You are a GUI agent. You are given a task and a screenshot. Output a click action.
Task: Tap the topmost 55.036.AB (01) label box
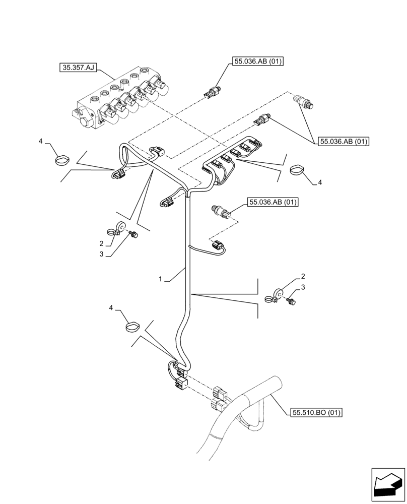pos(258,62)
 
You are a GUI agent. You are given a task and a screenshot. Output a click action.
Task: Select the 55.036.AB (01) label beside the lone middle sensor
pos(273,203)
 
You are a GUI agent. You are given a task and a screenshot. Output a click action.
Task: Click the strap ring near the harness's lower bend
pos(132,327)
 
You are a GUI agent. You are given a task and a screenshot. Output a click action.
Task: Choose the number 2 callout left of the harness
pos(102,243)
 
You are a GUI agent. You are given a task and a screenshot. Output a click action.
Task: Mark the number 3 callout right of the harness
pos(303,287)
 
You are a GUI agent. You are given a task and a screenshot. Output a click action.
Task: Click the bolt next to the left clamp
pos(133,233)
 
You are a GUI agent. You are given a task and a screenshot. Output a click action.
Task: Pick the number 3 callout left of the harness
pos(101,255)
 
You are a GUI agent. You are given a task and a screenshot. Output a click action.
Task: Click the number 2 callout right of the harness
pos(303,276)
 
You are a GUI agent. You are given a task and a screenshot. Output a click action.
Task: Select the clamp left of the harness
pos(119,228)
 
